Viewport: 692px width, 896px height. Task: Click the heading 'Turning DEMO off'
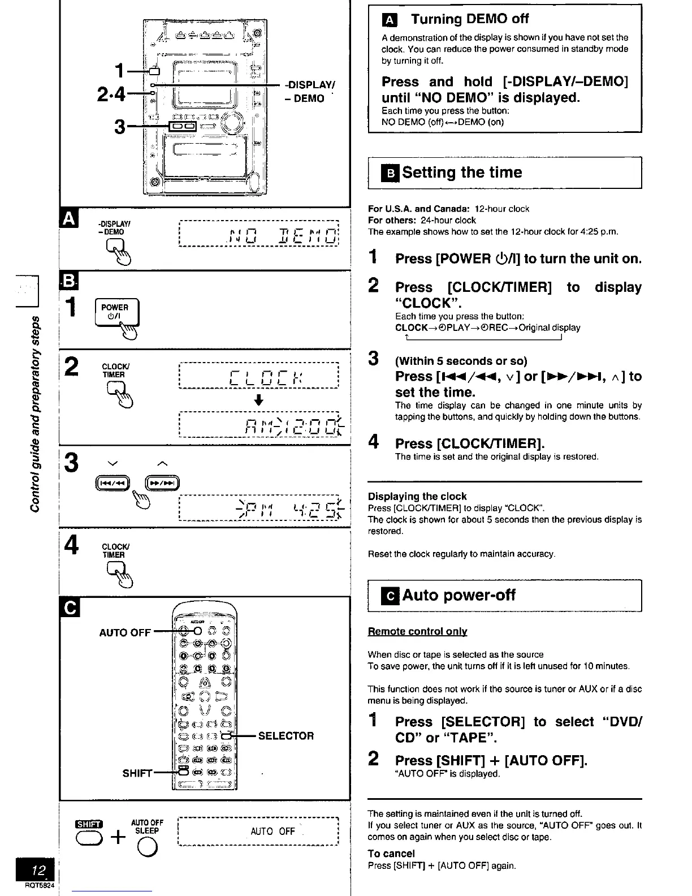coord(469,19)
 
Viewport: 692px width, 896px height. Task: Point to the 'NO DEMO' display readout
coord(258,233)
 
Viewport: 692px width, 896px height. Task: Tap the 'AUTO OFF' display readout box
coord(258,831)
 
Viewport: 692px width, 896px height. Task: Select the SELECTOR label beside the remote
coord(286,736)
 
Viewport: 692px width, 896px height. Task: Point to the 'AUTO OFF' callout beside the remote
coord(125,632)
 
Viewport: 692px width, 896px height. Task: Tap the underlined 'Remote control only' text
coord(417,631)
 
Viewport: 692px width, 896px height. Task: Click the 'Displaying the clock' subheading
coord(417,496)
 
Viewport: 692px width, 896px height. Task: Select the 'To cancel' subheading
coord(391,854)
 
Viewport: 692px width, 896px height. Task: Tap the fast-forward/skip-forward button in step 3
coord(162,483)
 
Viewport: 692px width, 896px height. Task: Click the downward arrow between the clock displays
coord(258,400)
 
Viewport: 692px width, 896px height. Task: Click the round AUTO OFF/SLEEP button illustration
coord(147,846)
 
